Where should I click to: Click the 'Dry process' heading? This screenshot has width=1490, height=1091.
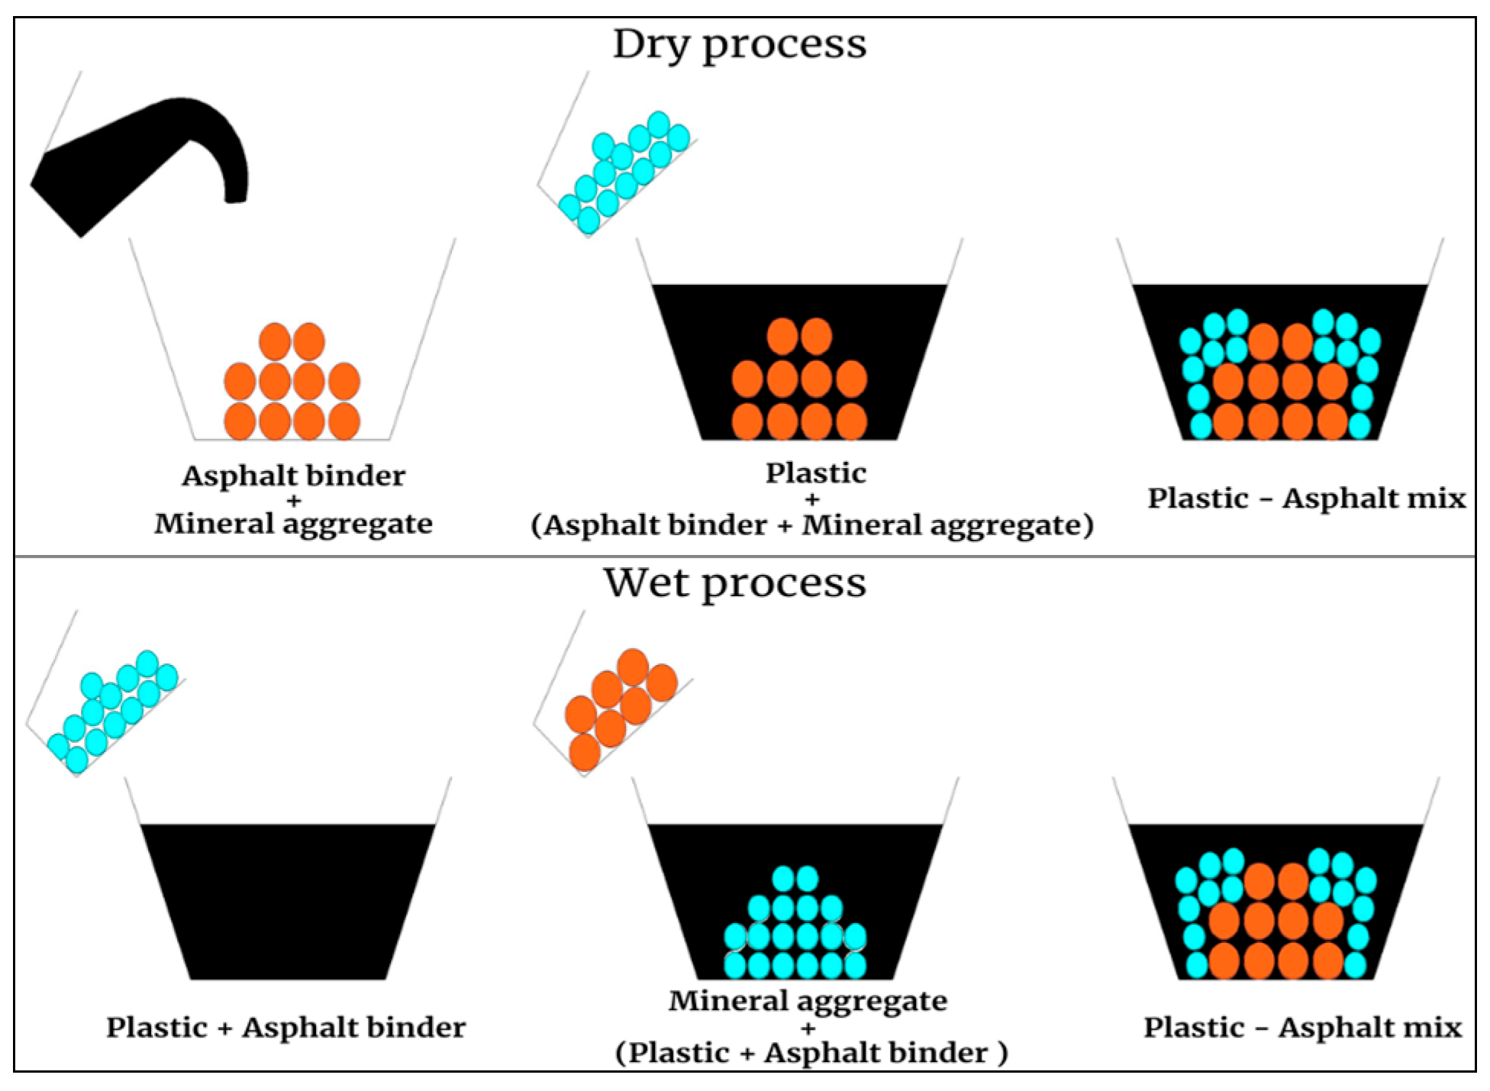739,44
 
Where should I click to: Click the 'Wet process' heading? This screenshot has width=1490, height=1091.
734,584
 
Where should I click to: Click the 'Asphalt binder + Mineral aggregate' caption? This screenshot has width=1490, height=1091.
293,500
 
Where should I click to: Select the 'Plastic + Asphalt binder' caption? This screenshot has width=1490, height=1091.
285,1028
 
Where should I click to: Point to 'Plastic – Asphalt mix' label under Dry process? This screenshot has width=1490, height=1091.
1306,499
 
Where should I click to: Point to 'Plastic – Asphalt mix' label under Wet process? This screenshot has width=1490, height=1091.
1302,1028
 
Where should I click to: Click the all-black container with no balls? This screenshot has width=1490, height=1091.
288,901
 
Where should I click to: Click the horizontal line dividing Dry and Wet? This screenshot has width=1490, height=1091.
744,557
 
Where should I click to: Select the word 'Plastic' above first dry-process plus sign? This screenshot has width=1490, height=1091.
815,473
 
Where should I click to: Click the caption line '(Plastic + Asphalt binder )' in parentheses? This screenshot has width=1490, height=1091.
811,1054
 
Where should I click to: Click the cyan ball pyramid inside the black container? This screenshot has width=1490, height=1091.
795,928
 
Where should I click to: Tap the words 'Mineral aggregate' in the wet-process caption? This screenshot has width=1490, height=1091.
808,1001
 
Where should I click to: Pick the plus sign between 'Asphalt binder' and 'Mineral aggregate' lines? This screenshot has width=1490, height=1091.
294,501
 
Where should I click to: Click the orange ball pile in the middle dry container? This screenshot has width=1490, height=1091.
799,382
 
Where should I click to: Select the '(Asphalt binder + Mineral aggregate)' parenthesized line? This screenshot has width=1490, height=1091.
811,525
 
